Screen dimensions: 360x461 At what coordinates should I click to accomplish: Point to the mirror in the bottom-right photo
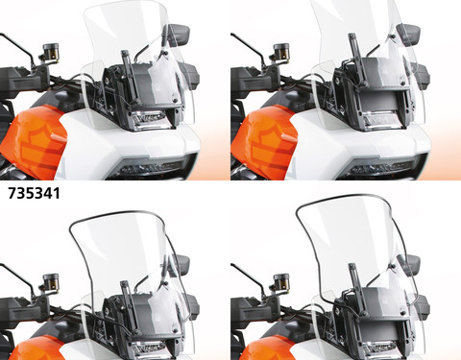click(x=410, y=264)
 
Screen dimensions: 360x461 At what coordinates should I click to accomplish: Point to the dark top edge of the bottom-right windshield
click(x=346, y=199)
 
